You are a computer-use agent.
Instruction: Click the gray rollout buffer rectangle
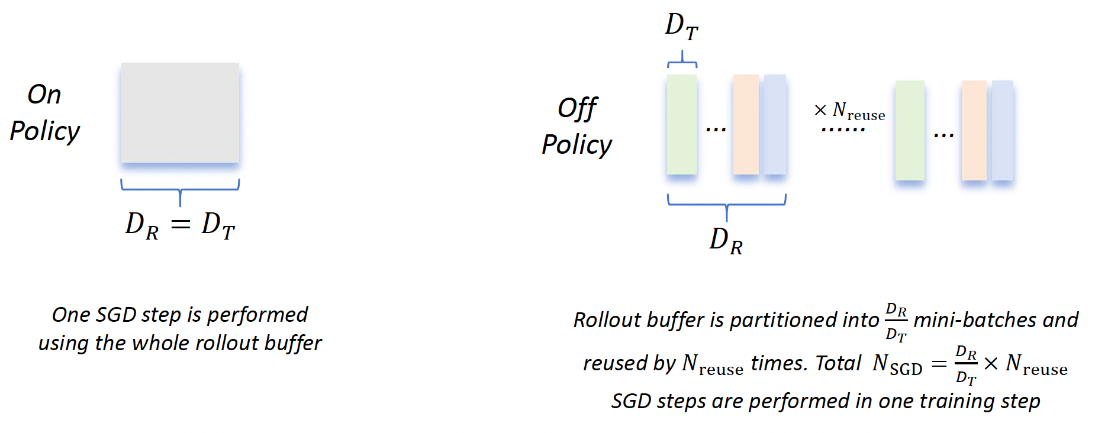pyautogui.click(x=180, y=112)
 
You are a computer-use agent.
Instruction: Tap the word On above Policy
pyautogui.click(x=44, y=95)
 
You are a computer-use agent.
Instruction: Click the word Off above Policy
pyautogui.click(x=577, y=108)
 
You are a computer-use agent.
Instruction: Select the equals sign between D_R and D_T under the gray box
pyautogui.click(x=180, y=225)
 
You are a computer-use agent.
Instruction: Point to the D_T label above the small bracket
pyautogui.click(x=681, y=27)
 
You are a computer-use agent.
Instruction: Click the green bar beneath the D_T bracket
pyautogui.click(x=681, y=124)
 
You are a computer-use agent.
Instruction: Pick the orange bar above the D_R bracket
pyautogui.click(x=746, y=124)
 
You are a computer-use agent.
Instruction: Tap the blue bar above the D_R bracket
pyautogui.click(x=775, y=124)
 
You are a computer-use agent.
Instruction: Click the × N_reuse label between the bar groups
pyautogui.click(x=850, y=111)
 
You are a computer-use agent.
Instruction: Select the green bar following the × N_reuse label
pyautogui.click(x=910, y=130)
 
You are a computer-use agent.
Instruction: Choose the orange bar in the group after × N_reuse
pyautogui.click(x=974, y=130)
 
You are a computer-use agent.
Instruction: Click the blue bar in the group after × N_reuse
pyautogui.click(x=1003, y=130)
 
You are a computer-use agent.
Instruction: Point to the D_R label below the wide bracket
pyautogui.click(x=726, y=241)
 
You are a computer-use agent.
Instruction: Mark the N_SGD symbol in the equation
pyautogui.click(x=897, y=364)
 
